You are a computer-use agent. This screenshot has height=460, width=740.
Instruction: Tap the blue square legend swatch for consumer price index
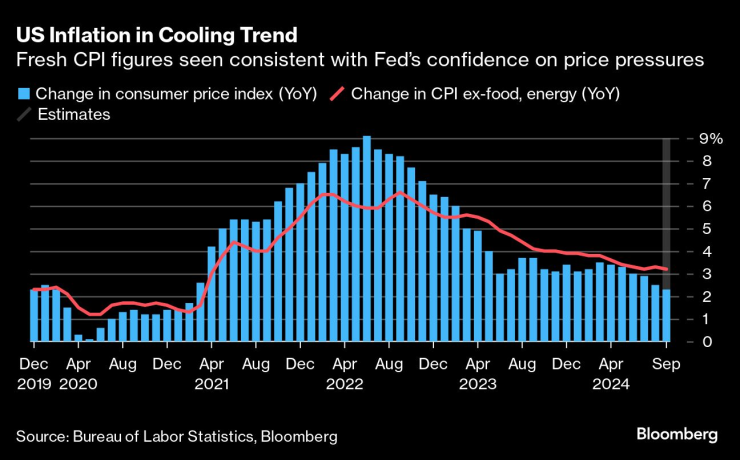23,94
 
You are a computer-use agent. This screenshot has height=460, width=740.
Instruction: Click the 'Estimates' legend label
73,114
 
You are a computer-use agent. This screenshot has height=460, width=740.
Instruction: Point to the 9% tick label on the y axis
696,139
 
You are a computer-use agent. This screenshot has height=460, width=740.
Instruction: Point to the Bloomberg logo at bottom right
677,435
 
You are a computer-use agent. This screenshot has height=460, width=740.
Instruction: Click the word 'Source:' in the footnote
42,436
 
